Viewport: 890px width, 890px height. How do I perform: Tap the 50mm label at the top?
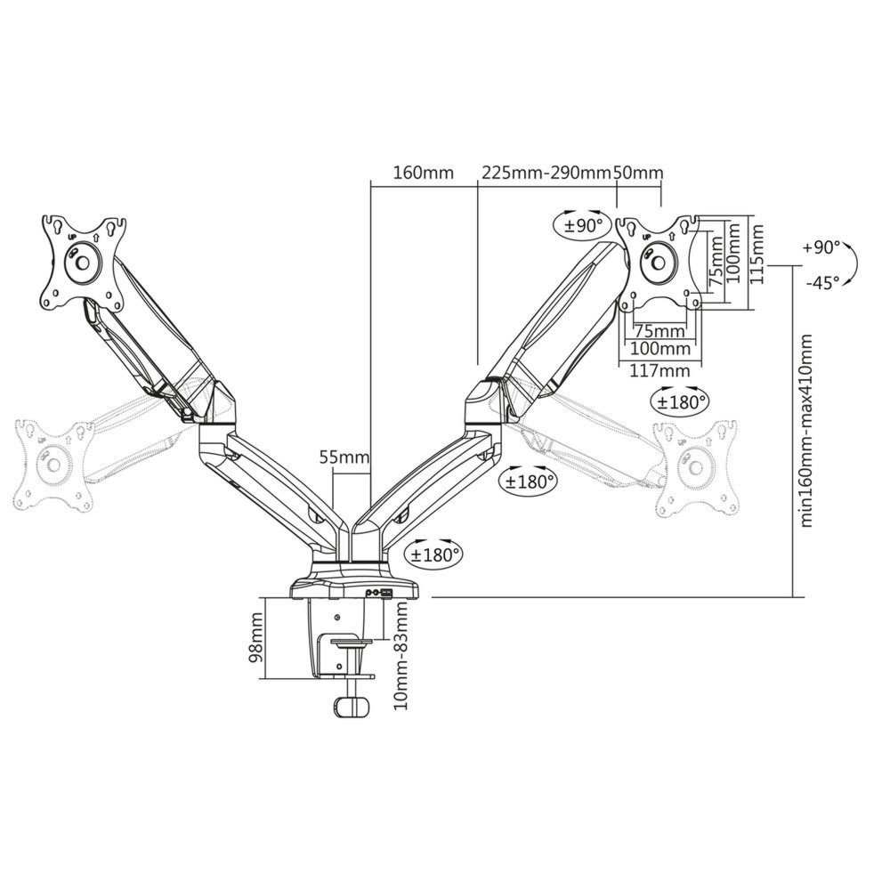639,172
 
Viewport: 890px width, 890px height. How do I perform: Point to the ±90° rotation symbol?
584,223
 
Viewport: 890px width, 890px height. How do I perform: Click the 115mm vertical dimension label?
756,253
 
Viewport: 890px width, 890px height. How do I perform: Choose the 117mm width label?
659,370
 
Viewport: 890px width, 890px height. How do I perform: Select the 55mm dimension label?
344,457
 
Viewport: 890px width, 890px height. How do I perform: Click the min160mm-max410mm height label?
807,432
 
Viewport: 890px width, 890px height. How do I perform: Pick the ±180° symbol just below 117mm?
681,400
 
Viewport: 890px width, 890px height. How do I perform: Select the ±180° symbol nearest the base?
435,554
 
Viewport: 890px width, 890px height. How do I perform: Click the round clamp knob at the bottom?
348,708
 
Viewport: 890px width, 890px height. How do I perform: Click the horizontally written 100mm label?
659,348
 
